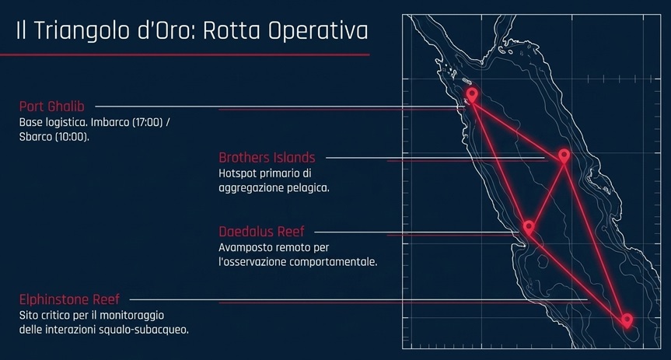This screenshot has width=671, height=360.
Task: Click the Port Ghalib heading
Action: click(52, 107)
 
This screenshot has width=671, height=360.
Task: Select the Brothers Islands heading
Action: click(267, 158)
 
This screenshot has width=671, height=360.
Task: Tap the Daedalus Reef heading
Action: click(261, 232)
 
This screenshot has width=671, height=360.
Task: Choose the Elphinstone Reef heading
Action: click(69, 299)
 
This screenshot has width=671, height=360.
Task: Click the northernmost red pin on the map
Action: click(472, 96)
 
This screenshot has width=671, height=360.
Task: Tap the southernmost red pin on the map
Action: click(627, 320)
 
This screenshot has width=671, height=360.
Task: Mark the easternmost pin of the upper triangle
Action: click(564, 156)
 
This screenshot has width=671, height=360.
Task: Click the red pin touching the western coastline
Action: click(529, 227)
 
